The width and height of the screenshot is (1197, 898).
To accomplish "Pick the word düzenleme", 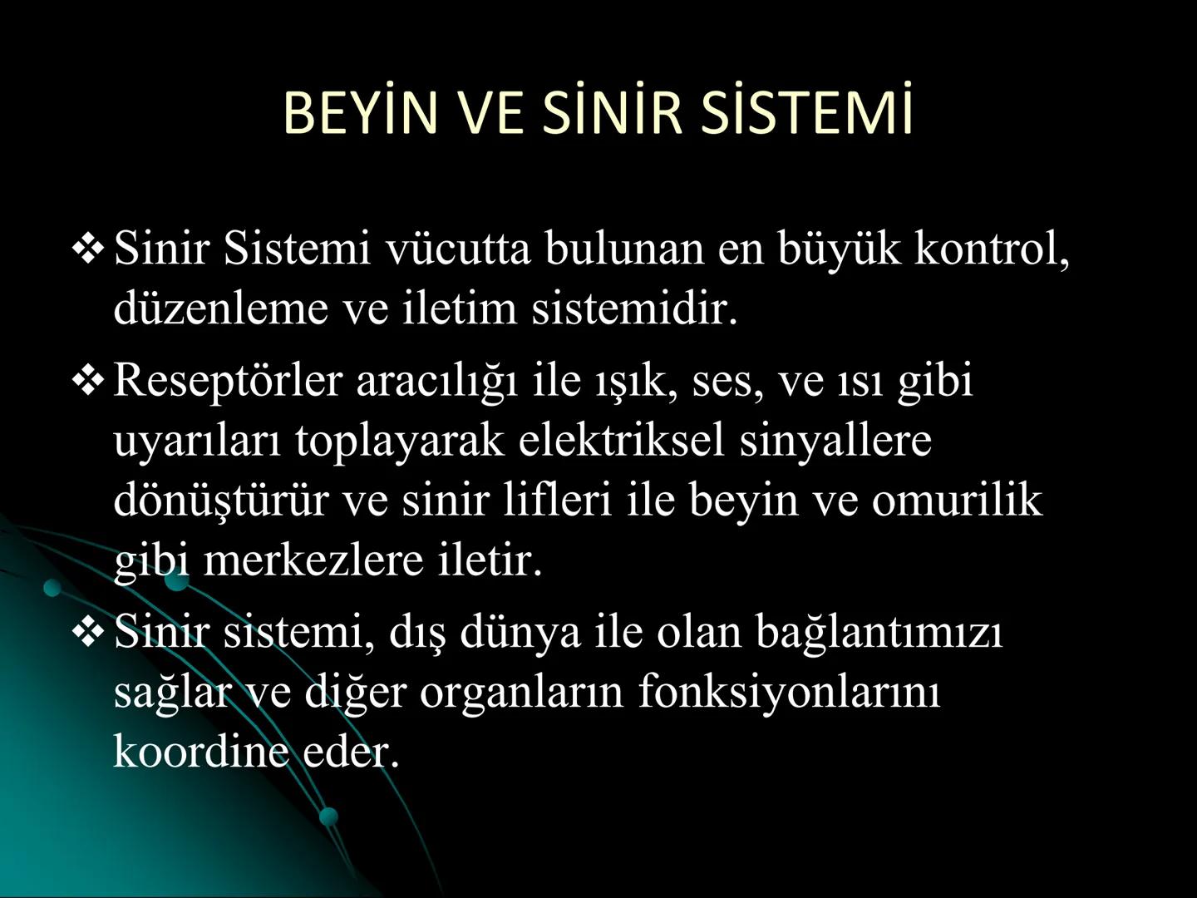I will pyautogui.click(x=221, y=309).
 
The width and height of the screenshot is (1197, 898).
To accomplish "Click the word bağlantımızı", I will pyautogui.click(x=879, y=633).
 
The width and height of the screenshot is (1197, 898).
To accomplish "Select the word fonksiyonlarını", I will pyautogui.click(x=789, y=693).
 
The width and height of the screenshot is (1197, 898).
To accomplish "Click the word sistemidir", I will pyautogui.click(x=634, y=309).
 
